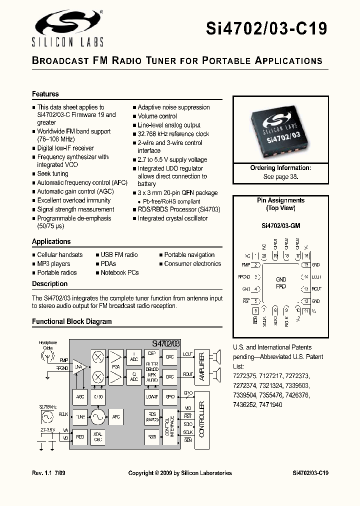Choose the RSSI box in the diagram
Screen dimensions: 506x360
click(x=152, y=437)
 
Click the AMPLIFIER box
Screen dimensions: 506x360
click(x=201, y=367)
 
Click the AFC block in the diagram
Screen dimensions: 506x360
click(x=115, y=416)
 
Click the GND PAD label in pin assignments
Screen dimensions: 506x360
click(x=281, y=283)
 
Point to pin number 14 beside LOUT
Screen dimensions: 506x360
click(x=306, y=276)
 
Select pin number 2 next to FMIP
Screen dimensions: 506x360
click(x=256, y=265)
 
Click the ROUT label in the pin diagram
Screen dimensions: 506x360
click(x=316, y=289)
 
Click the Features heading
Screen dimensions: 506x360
click(x=45, y=94)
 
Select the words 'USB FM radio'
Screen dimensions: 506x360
click(x=119, y=255)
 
